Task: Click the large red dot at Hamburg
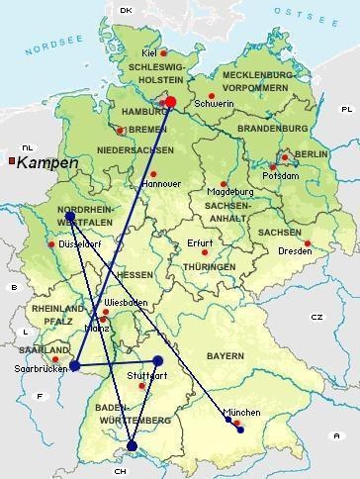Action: tap(169, 101)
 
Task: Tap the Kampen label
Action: tap(42, 162)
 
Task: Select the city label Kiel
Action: tap(149, 53)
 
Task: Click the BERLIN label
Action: tap(310, 154)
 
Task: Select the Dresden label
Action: tap(296, 251)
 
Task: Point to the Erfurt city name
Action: tap(200, 243)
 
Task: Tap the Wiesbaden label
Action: tap(126, 301)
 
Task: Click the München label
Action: tap(242, 412)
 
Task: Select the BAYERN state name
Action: tap(253, 354)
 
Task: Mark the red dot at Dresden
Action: tap(308, 242)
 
